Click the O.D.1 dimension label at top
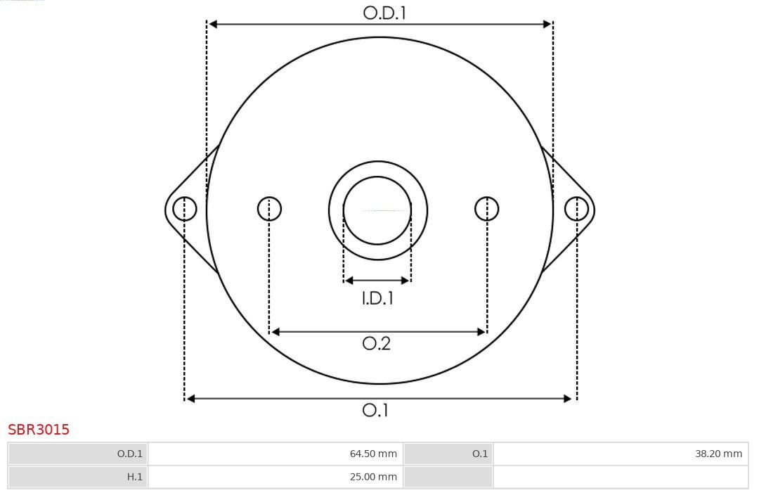point(384,13)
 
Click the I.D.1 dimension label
point(377,298)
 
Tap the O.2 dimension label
point(377,343)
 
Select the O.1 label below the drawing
point(376,410)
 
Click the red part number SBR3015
point(39,430)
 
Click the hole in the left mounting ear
point(185,209)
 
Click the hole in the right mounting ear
point(576,209)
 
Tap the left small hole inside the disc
point(269,209)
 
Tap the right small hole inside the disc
point(487,209)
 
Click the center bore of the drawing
point(377,210)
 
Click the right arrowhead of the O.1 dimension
point(569,399)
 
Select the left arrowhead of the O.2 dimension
point(276,332)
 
